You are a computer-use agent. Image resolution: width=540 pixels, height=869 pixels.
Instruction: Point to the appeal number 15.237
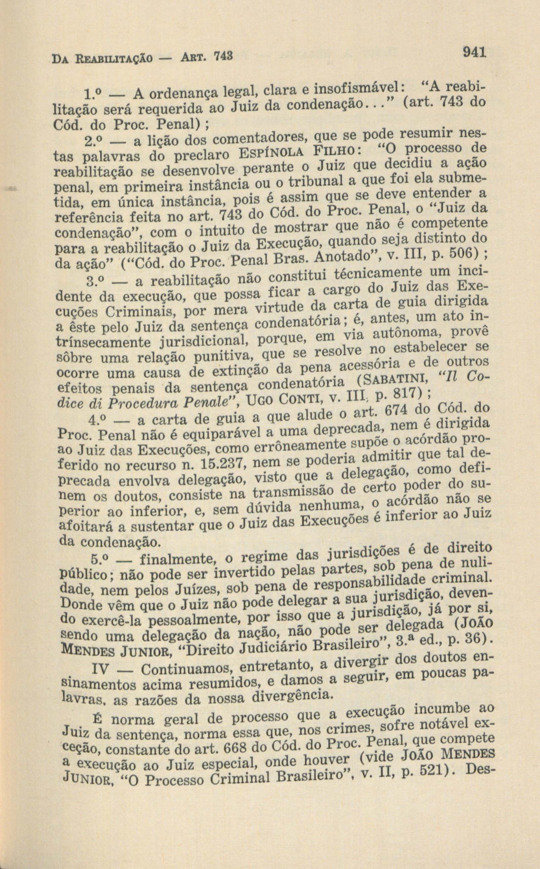point(222,464)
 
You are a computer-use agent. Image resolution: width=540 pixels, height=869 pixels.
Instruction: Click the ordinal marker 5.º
point(101,558)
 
